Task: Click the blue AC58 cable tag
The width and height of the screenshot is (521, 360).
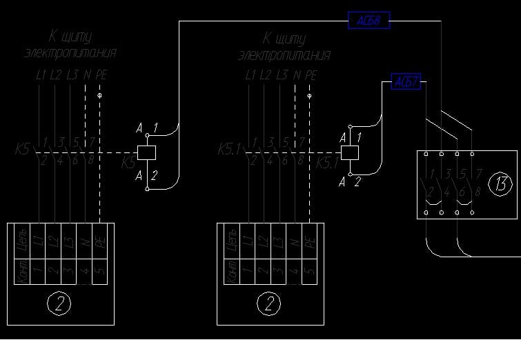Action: pyautogui.click(x=369, y=21)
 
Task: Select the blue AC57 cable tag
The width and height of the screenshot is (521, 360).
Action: pyautogui.click(x=406, y=81)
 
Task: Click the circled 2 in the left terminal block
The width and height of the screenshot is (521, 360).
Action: pyautogui.click(x=59, y=302)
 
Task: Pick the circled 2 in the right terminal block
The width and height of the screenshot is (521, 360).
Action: pyautogui.click(x=269, y=302)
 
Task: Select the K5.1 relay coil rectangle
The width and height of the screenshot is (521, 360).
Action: pyautogui.click(x=350, y=152)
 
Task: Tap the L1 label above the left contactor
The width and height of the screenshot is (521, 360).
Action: pyautogui.click(x=40, y=74)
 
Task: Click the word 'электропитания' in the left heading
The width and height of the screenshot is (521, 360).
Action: pyautogui.click(x=70, y=53)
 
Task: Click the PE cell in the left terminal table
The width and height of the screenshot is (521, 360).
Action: pyautogui.click(x=100, y=241)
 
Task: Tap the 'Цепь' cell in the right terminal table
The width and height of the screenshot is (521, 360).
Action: pyautogui.click(x=231, y=241)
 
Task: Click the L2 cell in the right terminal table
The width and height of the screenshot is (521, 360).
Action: pyautogui.click(x=263, y=241)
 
